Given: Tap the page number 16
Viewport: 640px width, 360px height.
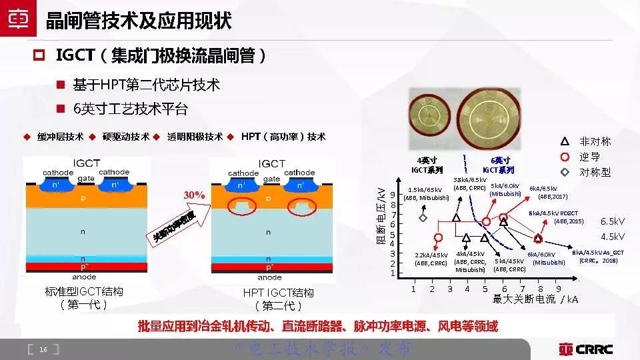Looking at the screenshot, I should [43, 349].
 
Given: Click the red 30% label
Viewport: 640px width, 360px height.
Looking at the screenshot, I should [194, 195].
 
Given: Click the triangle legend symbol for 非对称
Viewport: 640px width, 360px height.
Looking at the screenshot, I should [565, 141].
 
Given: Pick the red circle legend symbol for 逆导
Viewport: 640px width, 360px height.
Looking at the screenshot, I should [565, 157].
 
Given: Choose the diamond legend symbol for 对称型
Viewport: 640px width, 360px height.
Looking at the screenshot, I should [565, 172].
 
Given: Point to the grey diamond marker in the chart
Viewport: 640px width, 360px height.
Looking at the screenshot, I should [423, 217].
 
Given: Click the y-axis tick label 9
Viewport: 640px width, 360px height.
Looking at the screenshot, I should [393, 195].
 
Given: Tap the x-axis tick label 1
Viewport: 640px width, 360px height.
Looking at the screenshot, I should [413, 289].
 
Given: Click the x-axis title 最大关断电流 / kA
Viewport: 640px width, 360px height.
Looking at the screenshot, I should [535, 299].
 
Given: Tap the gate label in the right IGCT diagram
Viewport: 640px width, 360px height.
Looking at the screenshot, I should [271, 179].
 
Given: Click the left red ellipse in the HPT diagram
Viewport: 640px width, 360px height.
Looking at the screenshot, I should [241, 207].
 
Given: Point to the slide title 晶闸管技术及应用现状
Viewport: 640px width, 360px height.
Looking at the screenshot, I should [139, 21].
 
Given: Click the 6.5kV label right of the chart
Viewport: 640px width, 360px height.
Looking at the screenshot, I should [612, 221].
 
